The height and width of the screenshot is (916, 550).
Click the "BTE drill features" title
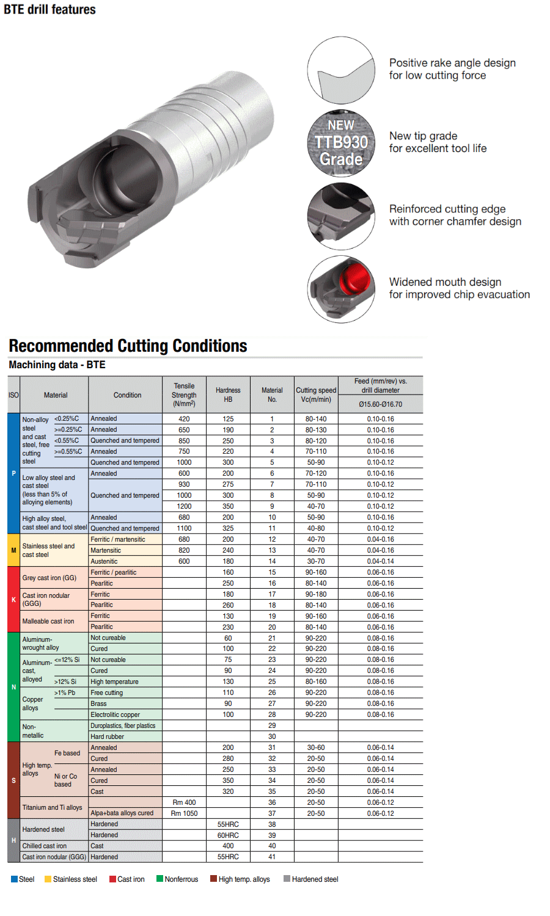[50, 10]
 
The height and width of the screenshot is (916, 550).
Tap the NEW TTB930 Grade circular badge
[341, 143]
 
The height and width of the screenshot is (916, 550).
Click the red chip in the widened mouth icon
[355, 278]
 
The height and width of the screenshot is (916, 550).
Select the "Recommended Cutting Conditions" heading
[128, 346]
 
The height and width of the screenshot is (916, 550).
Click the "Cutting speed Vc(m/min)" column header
[316, 394]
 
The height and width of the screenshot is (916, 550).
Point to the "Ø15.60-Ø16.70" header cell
[380, 404]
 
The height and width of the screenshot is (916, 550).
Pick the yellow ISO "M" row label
[13, 550]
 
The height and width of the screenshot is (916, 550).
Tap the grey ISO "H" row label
[13, 840]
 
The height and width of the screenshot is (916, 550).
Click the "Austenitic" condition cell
[104, 561]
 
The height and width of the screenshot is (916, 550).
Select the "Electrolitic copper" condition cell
[115, 714]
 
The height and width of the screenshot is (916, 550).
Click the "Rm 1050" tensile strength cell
[184, 813]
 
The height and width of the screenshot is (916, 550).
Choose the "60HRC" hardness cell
[228, 835]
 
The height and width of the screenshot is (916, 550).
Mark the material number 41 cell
[272, 857]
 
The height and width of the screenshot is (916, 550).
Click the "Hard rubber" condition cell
[107, 736]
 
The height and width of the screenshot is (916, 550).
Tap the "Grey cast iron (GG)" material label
[49, 578]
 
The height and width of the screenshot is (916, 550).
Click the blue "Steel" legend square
[14, 879]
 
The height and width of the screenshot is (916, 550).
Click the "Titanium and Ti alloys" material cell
[52, 807]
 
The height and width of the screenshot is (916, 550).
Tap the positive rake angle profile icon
[341, 70]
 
